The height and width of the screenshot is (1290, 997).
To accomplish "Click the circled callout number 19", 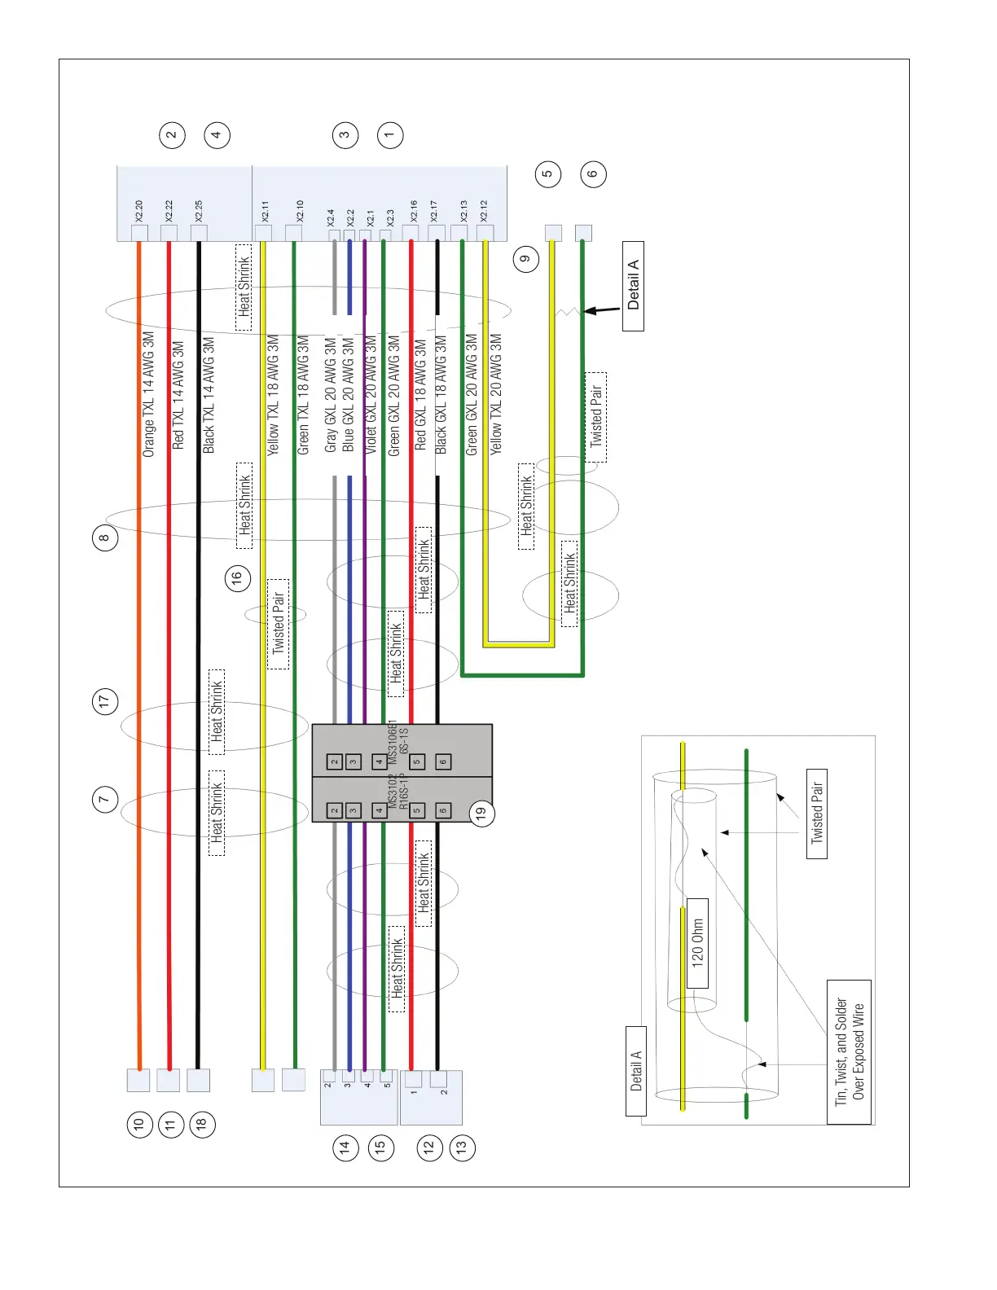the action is click(x=482, y=812).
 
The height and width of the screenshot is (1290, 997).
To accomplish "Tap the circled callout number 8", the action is click(x=104, y=537).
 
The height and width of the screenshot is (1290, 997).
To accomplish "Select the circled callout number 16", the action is click(x=237, y=578).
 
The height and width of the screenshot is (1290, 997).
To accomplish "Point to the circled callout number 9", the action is click(x=526, y=259).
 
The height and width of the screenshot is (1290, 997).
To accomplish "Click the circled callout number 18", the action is click(x=201, y=1125).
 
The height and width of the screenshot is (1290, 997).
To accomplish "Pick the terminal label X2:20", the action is click(x=139, y=212).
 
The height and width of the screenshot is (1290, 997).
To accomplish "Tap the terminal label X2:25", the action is click(x=199, y=212).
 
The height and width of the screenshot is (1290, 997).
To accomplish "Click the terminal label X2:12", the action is click(x=484, y=211).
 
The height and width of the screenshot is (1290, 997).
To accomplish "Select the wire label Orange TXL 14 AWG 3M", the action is click(x=148, y=393).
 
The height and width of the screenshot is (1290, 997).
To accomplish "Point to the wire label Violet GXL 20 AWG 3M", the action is click(x=371, y=395).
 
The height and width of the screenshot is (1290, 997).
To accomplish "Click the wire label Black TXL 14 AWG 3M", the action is click(x=209, y=395).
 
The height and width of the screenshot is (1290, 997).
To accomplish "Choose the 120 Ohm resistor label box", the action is click(x=697, y=943).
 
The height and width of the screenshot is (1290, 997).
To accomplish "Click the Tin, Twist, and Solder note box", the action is click(x=849, y=1051).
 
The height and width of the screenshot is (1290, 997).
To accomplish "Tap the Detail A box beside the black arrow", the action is click(x=633, y=286).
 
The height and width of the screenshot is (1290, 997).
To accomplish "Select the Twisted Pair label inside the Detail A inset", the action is click(x=817, y=813).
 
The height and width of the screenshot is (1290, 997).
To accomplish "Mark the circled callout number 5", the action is click(x=548, y=173).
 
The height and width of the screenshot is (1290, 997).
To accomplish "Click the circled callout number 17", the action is click(x=104, y=701).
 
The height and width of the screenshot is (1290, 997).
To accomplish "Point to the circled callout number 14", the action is click(x=345, y=1147).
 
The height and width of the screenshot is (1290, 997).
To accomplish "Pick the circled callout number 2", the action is click(x=172, y=135).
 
